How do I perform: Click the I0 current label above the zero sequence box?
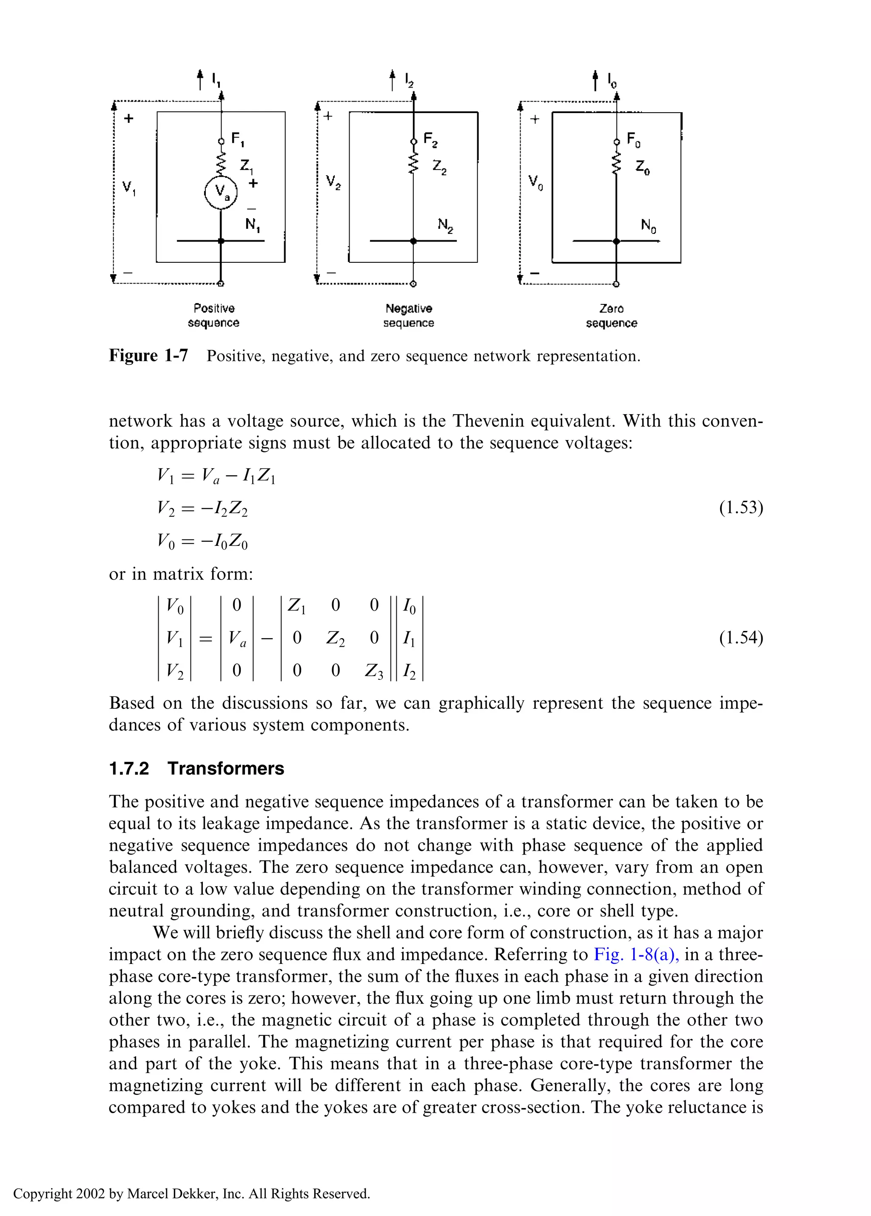click(612, 80)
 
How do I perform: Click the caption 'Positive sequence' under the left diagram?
click(213, 316)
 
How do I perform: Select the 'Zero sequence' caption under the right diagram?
click(612, 316)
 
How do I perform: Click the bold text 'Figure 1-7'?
click(148, 355)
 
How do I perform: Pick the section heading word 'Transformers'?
click(225, 768)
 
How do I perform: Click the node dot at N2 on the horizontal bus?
click(413, 241)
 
